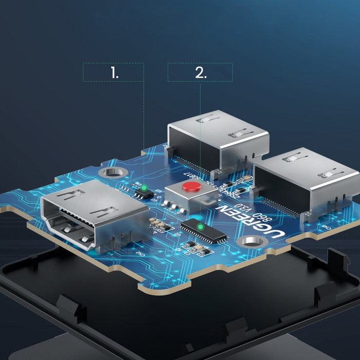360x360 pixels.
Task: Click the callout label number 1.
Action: pos(114,73)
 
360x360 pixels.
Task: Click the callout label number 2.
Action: pos(200,73)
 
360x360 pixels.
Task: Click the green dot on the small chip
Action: pos(145,187)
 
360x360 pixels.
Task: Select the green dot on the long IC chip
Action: pos(200,226)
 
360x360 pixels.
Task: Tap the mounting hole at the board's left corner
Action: pos(110,174)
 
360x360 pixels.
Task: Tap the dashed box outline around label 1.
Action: pos(83,73)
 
